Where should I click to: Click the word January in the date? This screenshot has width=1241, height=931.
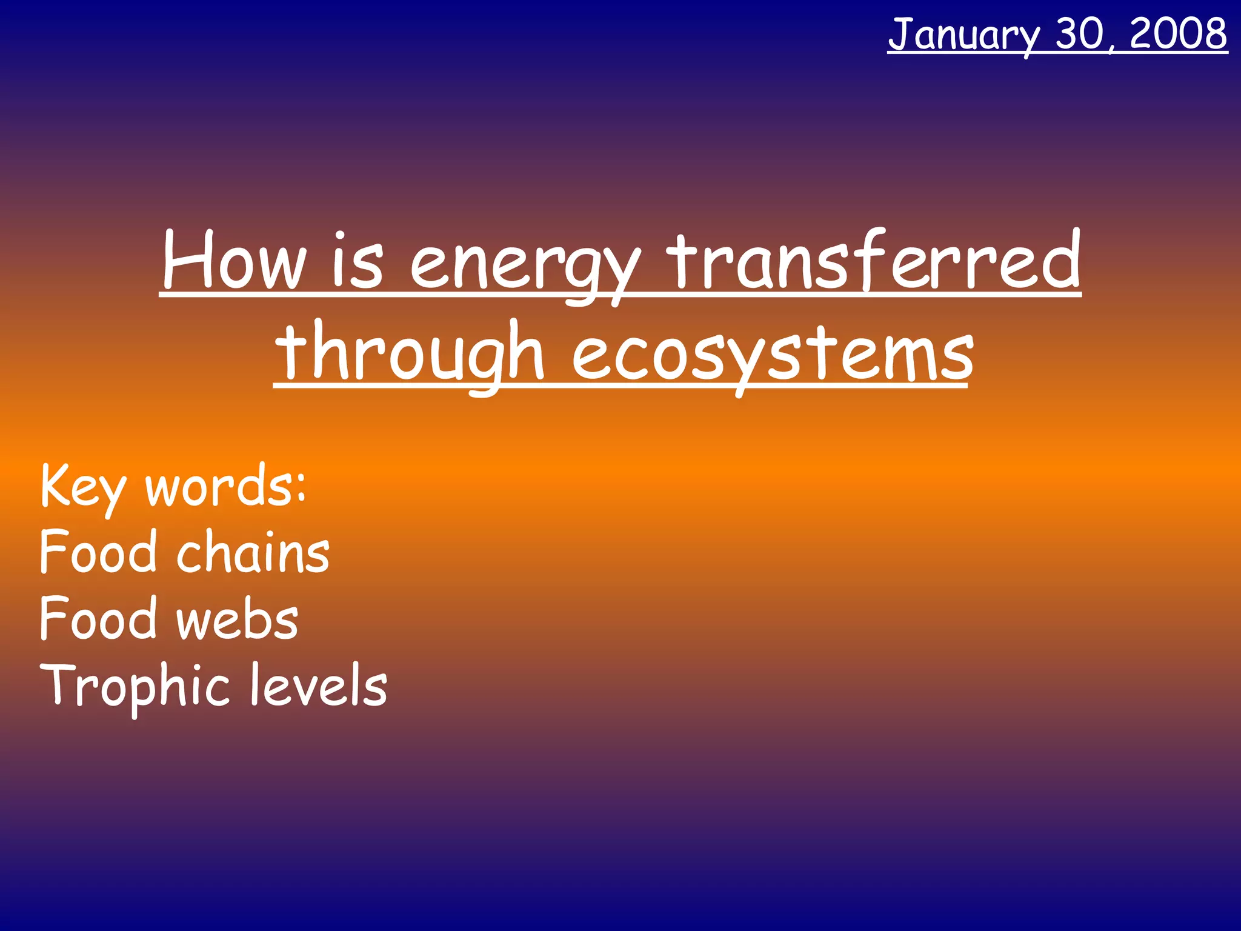point(963,35)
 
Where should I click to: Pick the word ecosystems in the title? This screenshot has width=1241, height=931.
point(773,355)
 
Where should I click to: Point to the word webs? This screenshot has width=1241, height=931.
point(238,619)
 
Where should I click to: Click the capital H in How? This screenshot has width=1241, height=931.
point(187,261)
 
